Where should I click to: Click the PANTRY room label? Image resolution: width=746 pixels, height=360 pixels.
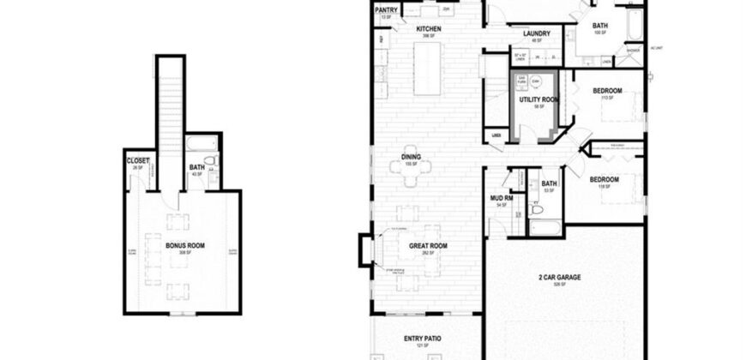385,10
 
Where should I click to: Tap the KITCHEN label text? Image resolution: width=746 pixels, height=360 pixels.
429,30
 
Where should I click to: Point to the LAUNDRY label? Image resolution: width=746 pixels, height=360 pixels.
536,33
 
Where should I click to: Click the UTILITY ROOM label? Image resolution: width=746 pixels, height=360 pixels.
538,99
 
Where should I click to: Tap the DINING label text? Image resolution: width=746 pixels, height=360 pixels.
411,157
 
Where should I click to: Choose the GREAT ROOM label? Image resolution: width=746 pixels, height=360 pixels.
427,246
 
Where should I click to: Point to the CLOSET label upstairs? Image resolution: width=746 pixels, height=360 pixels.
138,160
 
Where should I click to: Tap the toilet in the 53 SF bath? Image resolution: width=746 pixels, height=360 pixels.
537,207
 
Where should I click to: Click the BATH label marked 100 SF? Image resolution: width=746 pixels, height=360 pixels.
599,27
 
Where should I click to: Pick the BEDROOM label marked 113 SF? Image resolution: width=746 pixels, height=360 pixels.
607,90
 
